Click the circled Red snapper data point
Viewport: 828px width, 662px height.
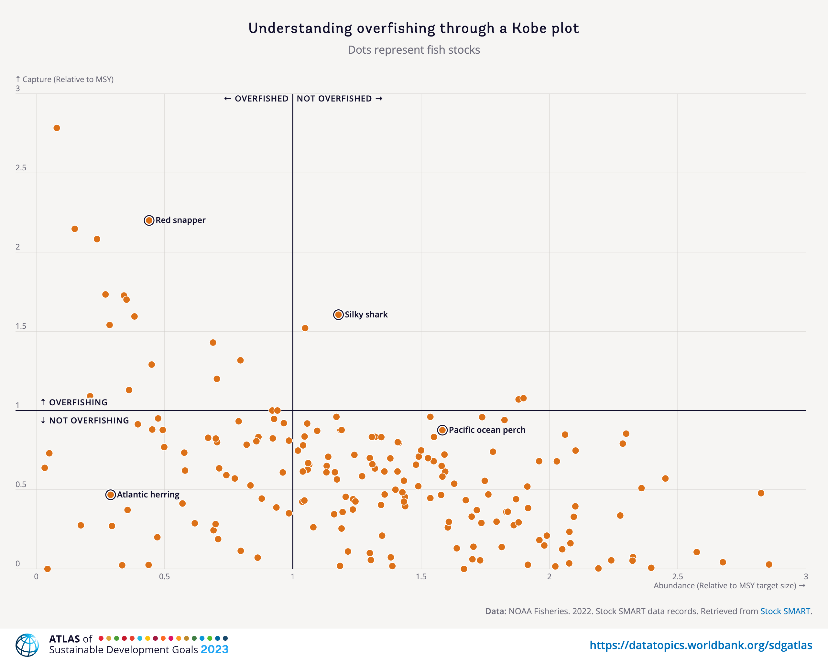(149, 220)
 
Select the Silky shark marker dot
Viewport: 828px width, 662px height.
(338, 315)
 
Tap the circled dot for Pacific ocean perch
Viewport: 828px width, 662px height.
(442, 430)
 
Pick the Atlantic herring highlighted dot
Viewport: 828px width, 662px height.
(111, 495)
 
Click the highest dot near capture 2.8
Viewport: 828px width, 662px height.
(57, 128)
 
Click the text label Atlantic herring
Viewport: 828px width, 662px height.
(148, 495)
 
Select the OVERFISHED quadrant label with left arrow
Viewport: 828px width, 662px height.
(256, 99)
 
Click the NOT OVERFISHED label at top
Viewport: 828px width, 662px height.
(340, 99)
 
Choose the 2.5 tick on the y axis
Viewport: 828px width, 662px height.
(21, 168)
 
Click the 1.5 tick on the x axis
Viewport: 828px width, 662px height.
(421, 576)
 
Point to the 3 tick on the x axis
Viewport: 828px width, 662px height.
(806, 576)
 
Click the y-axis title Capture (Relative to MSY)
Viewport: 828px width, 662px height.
(64, 80)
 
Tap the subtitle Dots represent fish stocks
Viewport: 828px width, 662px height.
(414, 50)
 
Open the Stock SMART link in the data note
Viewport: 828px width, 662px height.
(785, 611)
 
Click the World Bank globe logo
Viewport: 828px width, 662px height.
(27, 645)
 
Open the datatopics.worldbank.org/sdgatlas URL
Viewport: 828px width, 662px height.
(701, 645)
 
